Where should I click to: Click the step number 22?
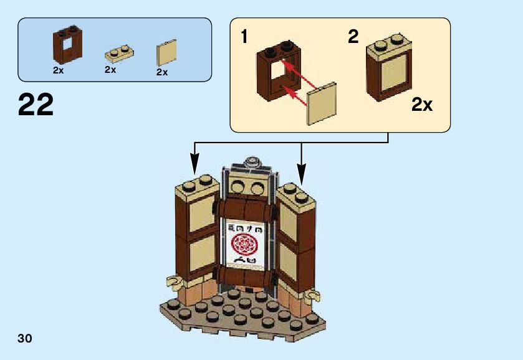pyautogui.click(x=36, y=105)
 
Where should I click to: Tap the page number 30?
pyautogui.click(x=25, y=338)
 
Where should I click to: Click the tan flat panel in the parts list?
pyautogui.click(x=166, y=53)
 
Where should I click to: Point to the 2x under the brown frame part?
pyautogui.click(x=59, y=71)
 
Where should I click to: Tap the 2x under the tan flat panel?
pyautogui.click(x=162, y=72)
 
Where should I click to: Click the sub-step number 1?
pyautogui.click(x=245, y=37)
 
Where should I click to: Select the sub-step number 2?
pyautogui.click(x=353, y=37)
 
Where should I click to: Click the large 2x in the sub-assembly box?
pyautogui.click(x=421, y=105)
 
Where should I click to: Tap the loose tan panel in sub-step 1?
pyautogui.click(x=322, y=103)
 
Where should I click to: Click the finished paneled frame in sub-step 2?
pyautogui.click(x=389, y=69)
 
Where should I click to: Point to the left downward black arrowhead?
pyautogui.click(x=195, y=168)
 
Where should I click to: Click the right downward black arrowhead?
pyautogui.click(x=301, y=168)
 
